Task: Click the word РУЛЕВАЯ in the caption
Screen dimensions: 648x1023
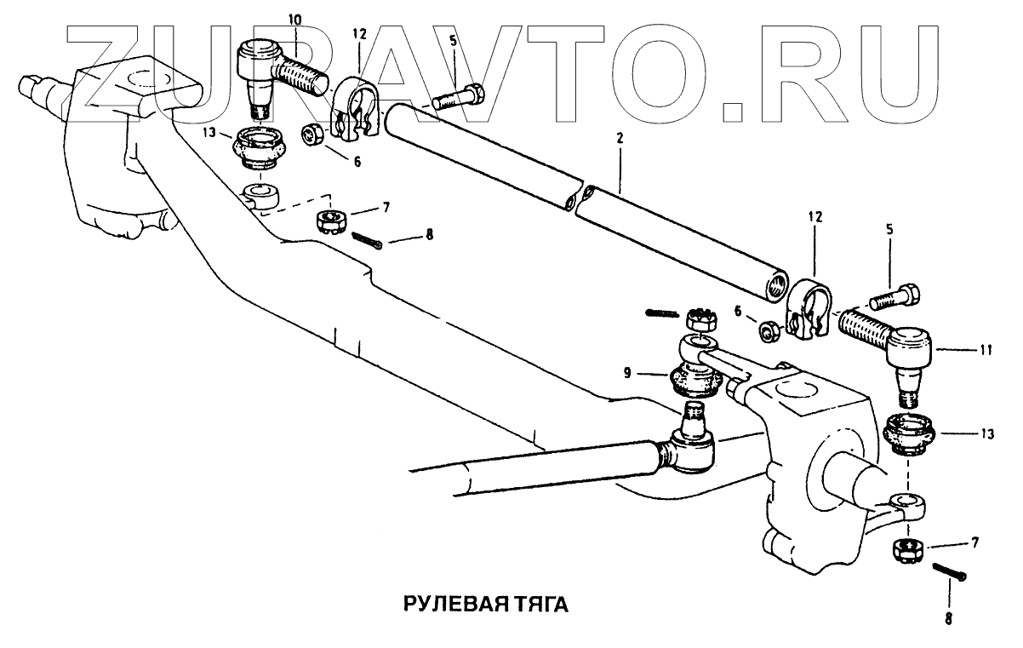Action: tap(443, 605)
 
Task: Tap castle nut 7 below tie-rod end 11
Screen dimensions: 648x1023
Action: tap(906, 549)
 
